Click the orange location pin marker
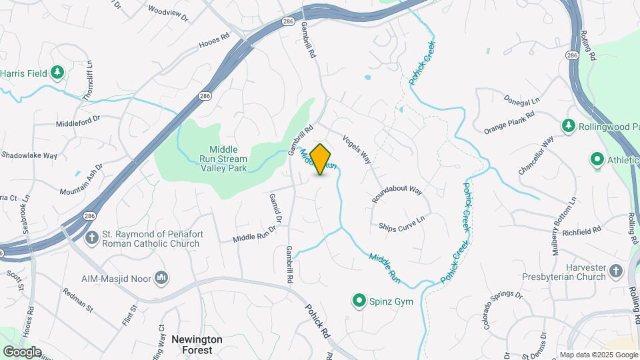tap(321, 159)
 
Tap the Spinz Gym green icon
tap(360, 301)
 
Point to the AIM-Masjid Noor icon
tap(160, 277)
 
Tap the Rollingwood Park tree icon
tap(568, 125)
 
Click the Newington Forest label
tap(197, 344)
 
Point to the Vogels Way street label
tap(357, 149)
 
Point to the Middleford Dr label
tap(77, 120)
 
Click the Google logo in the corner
tap(22, 352)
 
